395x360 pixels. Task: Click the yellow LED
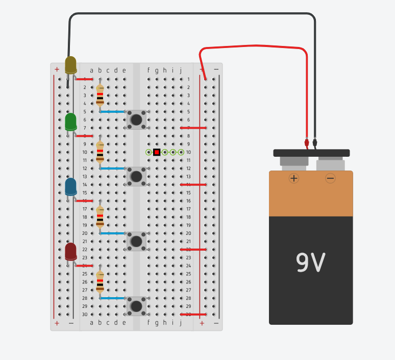point(71,65)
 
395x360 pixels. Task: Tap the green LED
point(71,122)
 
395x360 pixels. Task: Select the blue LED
point(71,186)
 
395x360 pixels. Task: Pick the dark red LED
point(71,252)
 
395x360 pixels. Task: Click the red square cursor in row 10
point(157,152)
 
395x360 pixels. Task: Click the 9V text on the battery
point(311,262)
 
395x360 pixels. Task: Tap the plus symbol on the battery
point(294,178)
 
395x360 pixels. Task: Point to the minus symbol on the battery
point(330,178)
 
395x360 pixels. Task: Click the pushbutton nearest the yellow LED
point(136,120)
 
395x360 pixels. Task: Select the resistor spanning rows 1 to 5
point(100,95)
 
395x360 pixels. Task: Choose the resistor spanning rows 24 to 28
point(100,282)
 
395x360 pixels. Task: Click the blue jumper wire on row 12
point(112,169)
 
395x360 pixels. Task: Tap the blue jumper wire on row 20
point(112,233)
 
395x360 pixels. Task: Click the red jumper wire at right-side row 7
point(193,128)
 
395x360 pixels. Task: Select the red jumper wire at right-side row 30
point(193,315)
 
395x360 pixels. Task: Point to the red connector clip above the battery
point(307,143)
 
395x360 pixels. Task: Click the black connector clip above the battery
point(315,143)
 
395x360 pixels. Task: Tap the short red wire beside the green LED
point(84,136)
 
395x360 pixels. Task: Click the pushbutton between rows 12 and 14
point(136,177)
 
